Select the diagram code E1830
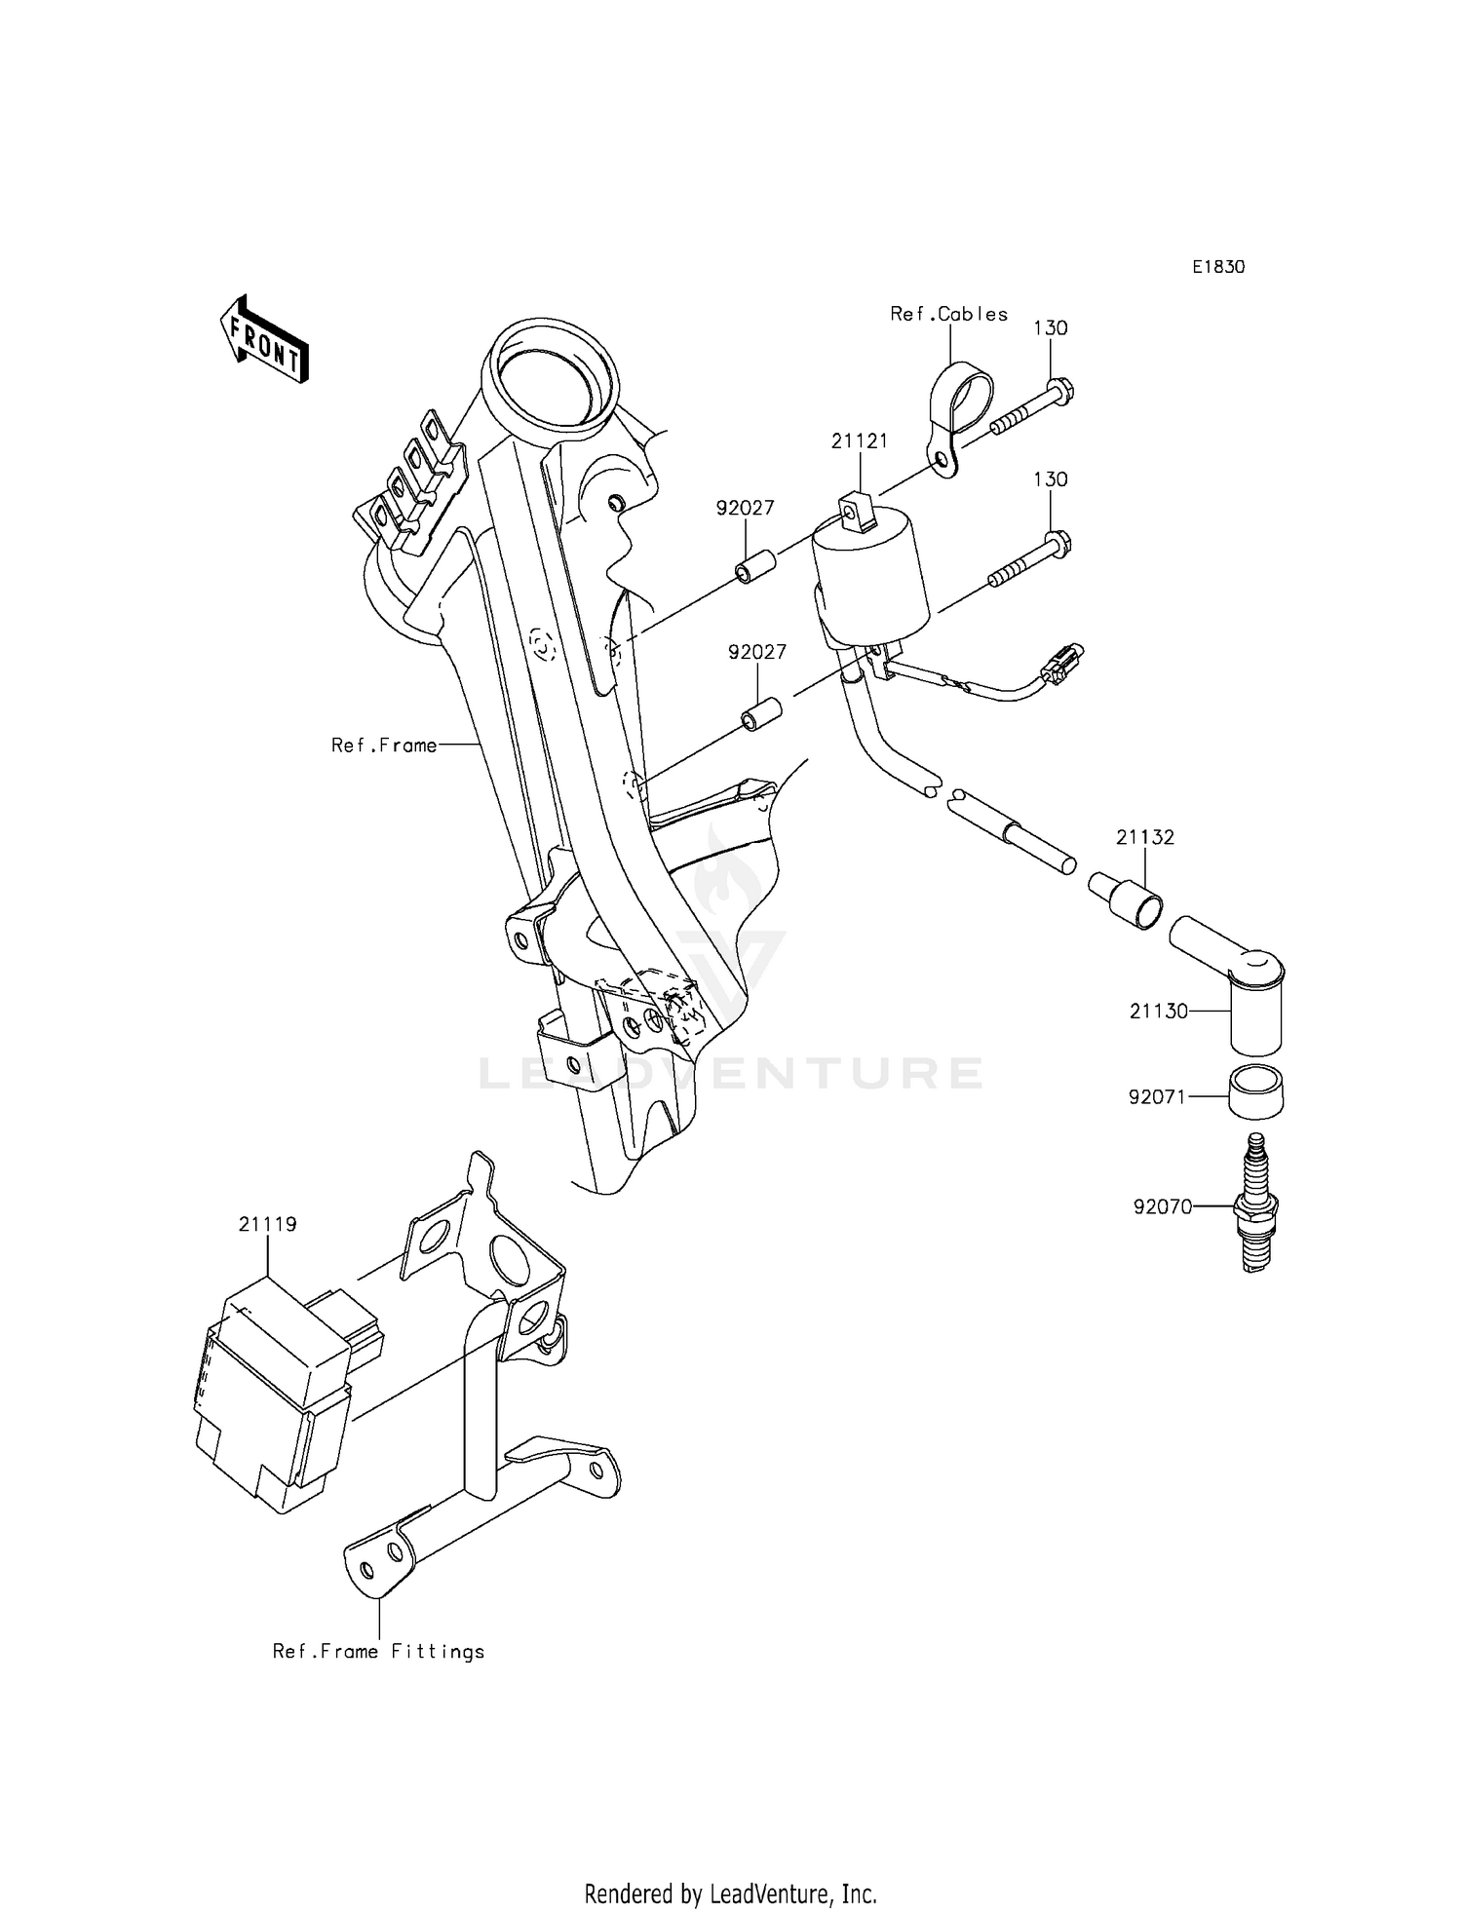(1217, 267)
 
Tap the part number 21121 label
(859, 441)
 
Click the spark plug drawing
(1256, 1205)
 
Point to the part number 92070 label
(1162, 1207)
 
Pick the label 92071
(1156, 1097)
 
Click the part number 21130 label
(1158, 1012)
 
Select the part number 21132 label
(1144, 837)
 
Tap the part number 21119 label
(267, 1224)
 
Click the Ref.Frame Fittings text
(378, 1652)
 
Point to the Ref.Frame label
(384, 746)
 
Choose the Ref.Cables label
(948, 314)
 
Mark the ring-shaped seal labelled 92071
(1255, 1093)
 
